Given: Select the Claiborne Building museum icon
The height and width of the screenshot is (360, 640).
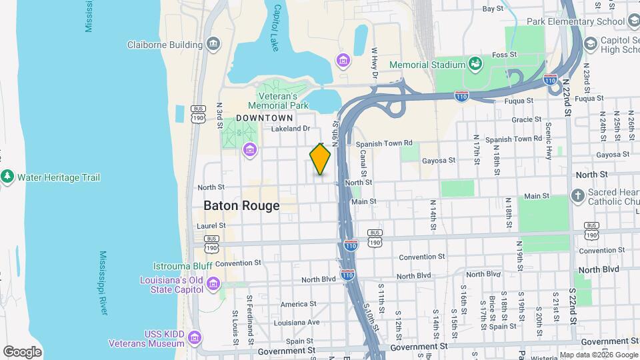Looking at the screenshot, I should point(213,45).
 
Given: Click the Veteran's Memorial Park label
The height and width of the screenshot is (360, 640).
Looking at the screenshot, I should point(278,101).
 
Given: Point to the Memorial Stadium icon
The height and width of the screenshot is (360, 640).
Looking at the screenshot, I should point(475,64).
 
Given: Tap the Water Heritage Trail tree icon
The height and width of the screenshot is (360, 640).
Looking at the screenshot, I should point(7,177).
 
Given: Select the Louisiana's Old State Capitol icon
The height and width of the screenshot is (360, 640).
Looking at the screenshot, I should point(213,285).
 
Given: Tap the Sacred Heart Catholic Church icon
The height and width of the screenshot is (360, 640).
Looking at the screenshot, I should point(577,195).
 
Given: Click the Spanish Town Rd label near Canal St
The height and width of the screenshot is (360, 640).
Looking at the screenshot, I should point(384,143).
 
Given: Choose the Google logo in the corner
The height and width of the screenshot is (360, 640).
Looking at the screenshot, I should point(22,352).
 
